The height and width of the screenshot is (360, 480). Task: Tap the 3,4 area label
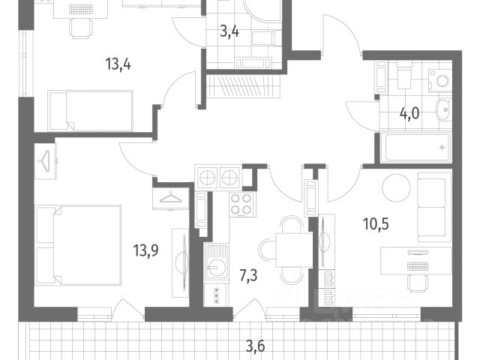click(x=229, y=31)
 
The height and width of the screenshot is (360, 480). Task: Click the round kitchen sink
click(x=217, y=266)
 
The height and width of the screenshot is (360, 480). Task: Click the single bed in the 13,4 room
click(x=90, y=110)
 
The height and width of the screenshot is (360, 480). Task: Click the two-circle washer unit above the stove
click(x=218, y=178)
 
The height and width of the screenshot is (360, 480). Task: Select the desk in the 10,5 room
click(x=414, y=259)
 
